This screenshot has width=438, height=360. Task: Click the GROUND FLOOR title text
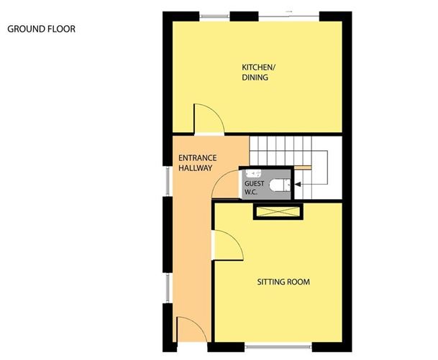click(x=41, y=29)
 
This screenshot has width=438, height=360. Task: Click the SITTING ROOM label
click(x=283, y=282)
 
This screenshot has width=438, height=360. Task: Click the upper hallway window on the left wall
click(x=168, y=183)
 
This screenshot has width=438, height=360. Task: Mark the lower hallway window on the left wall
click(x=168, y=287)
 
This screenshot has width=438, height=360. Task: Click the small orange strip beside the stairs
click(x=305, y=168)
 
